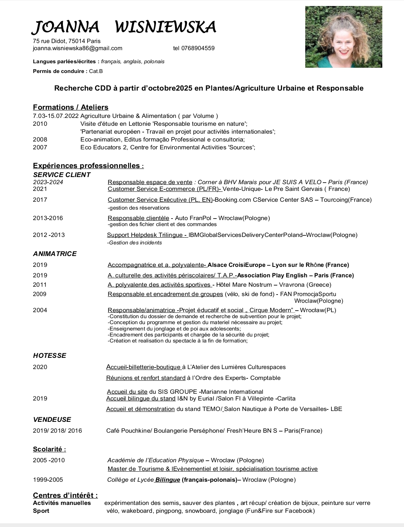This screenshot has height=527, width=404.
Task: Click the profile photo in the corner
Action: [343, 37]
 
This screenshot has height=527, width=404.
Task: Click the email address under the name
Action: [77, 48]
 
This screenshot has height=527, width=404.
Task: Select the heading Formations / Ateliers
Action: [71, 107]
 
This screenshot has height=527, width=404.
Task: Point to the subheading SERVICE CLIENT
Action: [62, 175]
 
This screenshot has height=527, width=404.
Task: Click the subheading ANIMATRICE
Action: [55, 254]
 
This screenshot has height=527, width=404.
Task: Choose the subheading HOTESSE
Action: [49, 356]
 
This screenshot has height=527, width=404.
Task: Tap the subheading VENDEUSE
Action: [52, 420]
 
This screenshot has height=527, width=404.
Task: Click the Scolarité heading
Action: [49, 449]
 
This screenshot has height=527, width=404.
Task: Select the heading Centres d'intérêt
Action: [65, 495]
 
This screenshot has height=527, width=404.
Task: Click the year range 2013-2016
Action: [48, 218]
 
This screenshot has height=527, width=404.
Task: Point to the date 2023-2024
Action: [48, 182]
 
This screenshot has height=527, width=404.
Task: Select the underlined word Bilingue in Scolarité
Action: [168, 480]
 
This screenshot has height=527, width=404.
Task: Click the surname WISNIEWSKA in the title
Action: [165, 27]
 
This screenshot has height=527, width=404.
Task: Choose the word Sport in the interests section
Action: [41, 511]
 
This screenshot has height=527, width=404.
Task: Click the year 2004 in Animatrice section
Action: [40, 310]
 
